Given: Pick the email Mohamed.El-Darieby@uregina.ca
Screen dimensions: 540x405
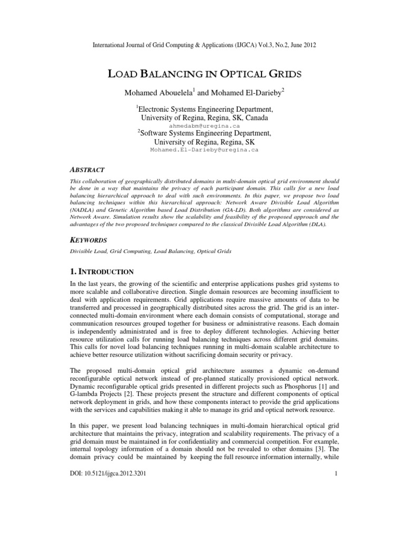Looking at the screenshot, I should pyautogui.click(x=204, y=150).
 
